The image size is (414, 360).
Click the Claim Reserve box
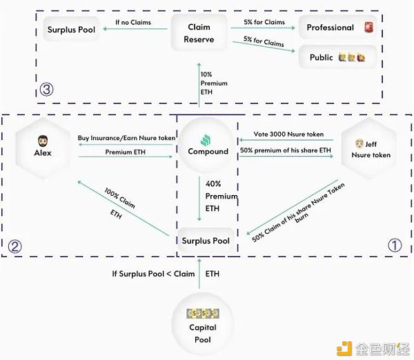click(x=199, y=33)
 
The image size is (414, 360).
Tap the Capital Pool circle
click(x=203, y=326)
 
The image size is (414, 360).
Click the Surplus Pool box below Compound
click(x=206, y=241)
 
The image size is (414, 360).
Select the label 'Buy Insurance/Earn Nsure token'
click(x=126, y=138)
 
